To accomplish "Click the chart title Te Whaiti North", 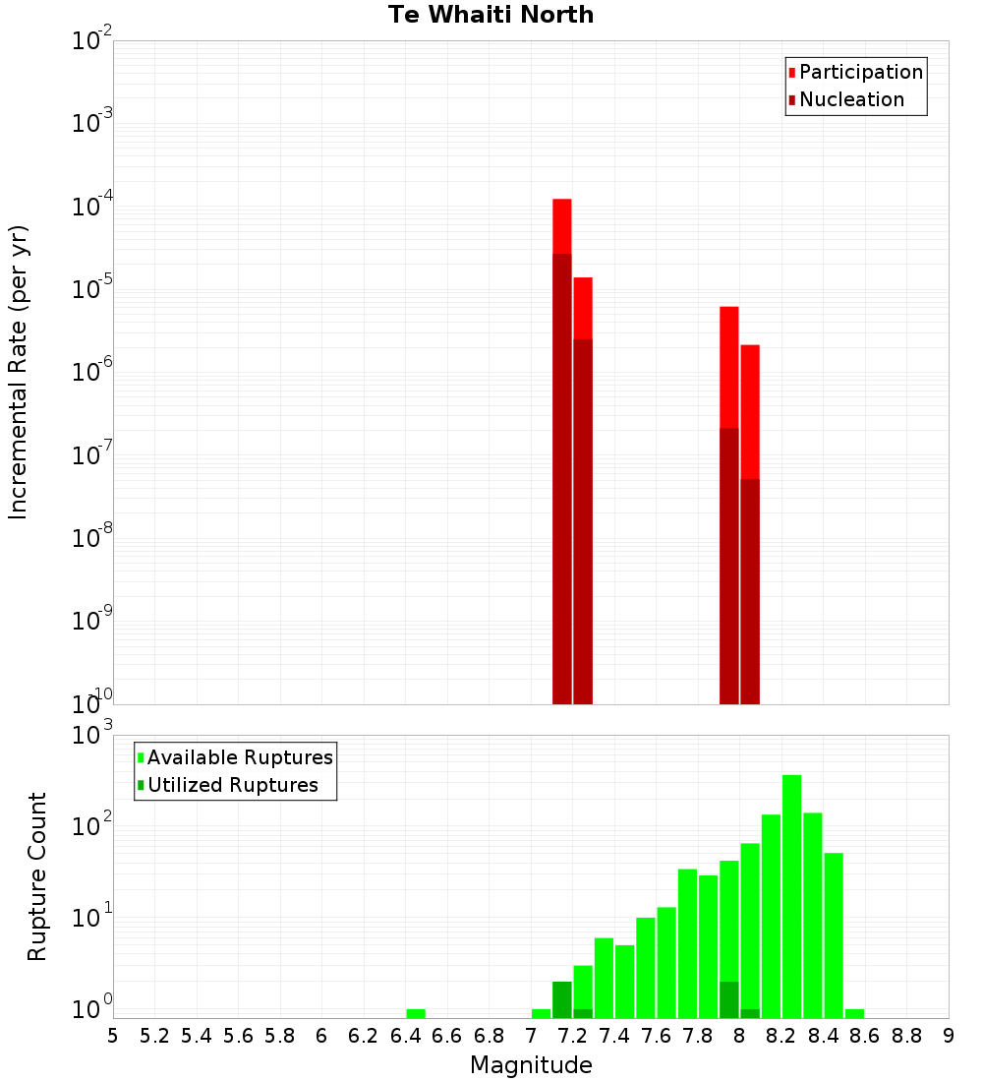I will click(491, 15).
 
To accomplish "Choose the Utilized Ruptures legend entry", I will click(232, 785).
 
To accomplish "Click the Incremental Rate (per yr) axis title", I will click(19, 373).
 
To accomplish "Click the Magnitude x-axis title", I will click(531, 1065).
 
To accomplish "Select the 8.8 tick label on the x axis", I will click(906, 1036).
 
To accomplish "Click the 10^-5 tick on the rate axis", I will click(92, 290).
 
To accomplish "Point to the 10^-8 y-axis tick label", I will click(92, 539).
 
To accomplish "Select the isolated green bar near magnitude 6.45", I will click(416, 1013).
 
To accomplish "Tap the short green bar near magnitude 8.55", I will click(854, 1013).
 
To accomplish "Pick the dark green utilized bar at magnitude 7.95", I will click(729, 999).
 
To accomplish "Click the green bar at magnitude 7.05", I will click(541, 1013).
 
